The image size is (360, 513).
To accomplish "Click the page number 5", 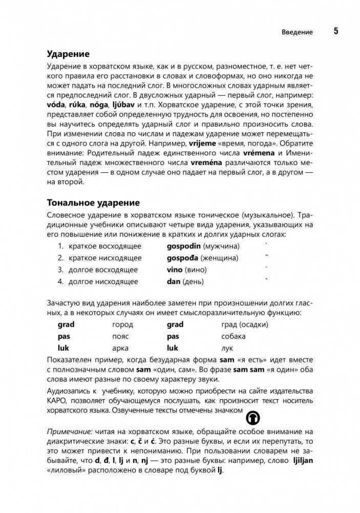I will click(336, 31).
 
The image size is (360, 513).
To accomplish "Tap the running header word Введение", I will click(297, 32).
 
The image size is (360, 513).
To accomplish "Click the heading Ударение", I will click(68, 54).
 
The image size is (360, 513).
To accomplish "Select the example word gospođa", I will click(182, 257).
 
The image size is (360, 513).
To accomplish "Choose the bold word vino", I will click(176, 270).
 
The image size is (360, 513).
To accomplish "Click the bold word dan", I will click(174, 281).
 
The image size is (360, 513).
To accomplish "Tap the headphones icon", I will click(252, 417).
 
